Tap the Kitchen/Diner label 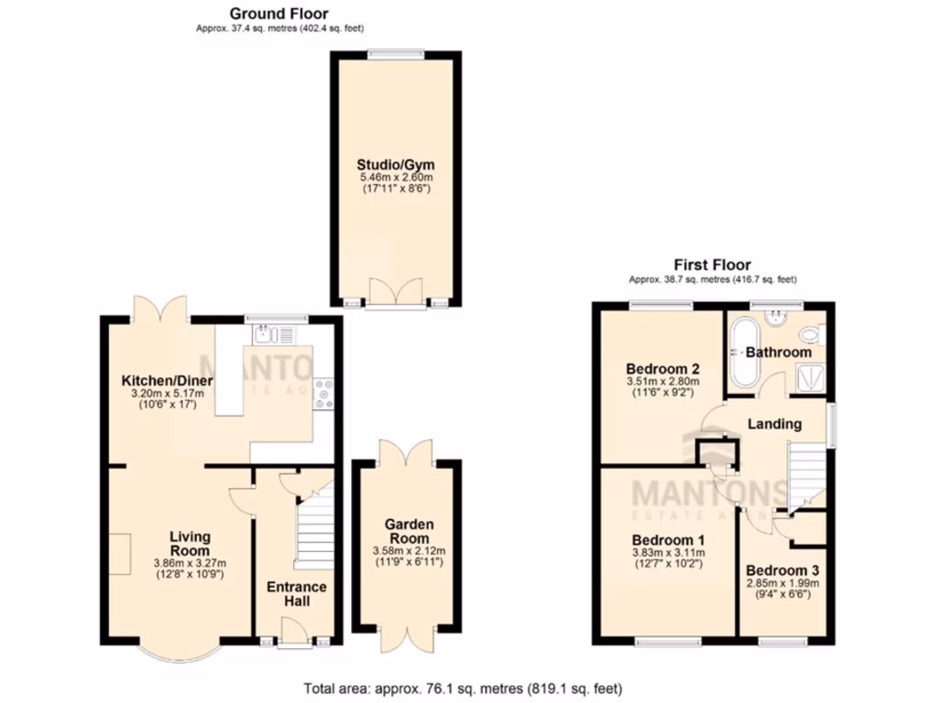(168, 381)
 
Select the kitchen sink (265, 334)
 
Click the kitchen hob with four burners (323, 394)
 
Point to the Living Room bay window (180, 653)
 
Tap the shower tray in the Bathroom (810, 375)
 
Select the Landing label (775, 424)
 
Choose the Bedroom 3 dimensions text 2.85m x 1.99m (782, 582)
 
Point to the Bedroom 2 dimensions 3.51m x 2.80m (662, 382)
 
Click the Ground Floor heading (278, 13)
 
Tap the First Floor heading (712, 265)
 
